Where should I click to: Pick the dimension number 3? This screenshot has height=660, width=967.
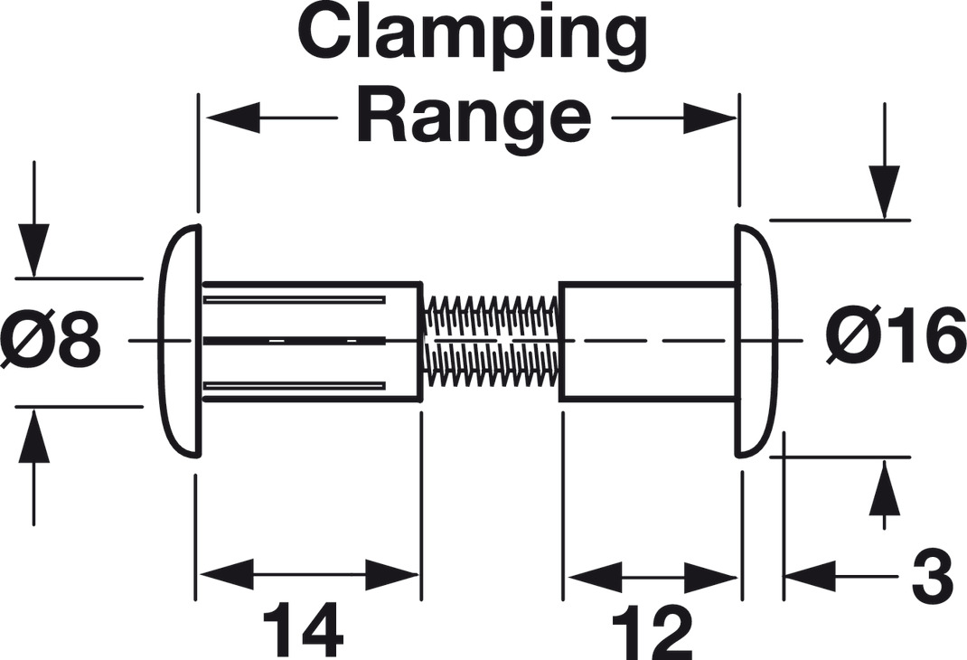pos(930,577)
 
